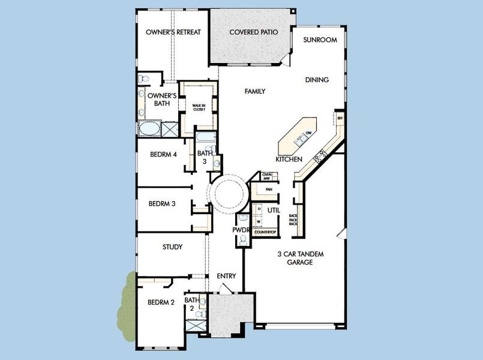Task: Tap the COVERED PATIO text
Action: [253, 32]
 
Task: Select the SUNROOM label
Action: [320, 40]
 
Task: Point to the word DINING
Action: [317, 80]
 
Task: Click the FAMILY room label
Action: [255, 91]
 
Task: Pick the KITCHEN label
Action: [289, 160]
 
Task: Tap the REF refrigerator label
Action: [340, 119]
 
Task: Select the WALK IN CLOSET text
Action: [199, 107]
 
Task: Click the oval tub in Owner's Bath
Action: [149, 129]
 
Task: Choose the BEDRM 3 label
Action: [161, 203]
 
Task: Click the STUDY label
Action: [172, 247]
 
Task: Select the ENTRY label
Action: [226, 276]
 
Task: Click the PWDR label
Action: [241, 230]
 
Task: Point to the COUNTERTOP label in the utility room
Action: [265, 232]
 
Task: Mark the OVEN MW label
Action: [268, 176]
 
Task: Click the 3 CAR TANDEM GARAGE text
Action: [301, 258]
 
